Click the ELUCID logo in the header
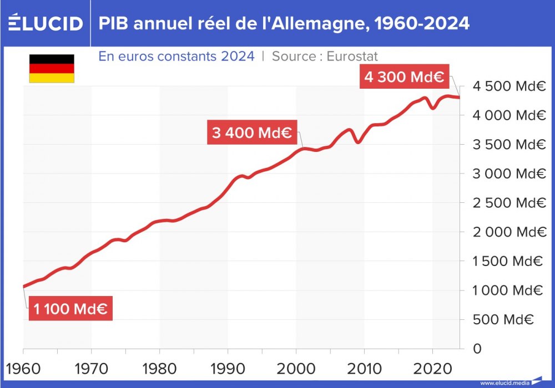pos(46,23)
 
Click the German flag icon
pos(52,68)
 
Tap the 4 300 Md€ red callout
pos(404,77)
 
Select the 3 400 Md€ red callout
pos(252,132)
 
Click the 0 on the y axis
pos(476,349)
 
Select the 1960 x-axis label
pos(24,369)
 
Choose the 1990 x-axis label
pos(228,369)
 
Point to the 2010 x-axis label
pos(364,369)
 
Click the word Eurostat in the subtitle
pos(352,56)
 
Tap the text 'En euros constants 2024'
pos(176,56)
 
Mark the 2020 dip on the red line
pos(432,108)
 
